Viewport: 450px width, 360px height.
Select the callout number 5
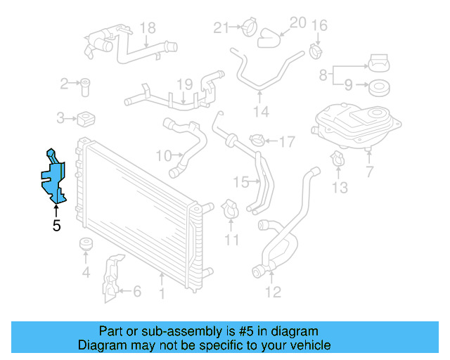click(x=56, y=226)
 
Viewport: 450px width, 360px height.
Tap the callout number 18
click(x=147, y=28)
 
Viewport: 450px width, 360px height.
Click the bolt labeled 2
click(x=85, y=85)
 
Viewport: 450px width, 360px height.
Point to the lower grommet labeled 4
click(x=86, y=246)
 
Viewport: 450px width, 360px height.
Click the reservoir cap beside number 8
click(x=380, y=64)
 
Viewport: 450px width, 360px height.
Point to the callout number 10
click(x=163, y=155)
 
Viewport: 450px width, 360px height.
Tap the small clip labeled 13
click(x=337, y=160)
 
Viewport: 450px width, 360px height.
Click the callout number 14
click(x=261, y=112)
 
